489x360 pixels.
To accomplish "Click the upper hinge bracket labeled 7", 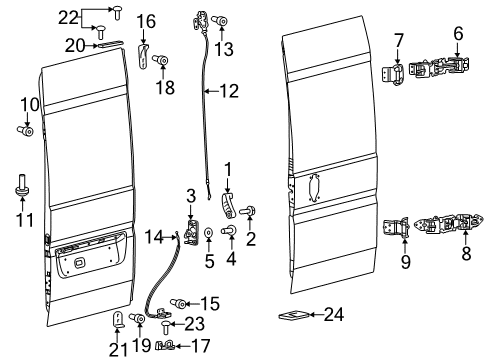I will point(396,73).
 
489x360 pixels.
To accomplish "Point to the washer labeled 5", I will point(208,233).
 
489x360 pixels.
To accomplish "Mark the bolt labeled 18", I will point(159,61).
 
